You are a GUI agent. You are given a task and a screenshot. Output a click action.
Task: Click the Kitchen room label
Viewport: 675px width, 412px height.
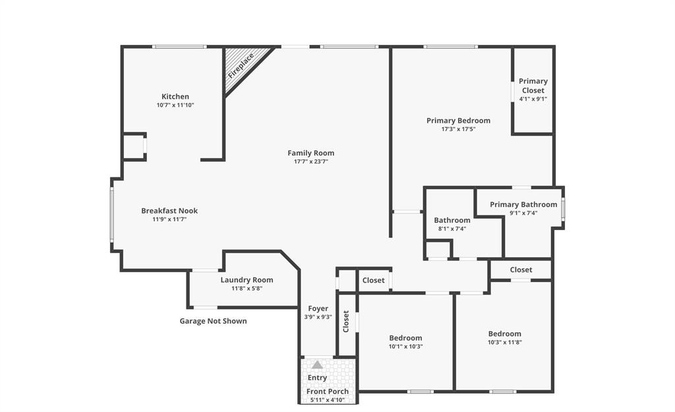(175, 96)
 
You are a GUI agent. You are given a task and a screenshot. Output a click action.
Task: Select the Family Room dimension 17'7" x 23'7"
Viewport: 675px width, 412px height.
(310, 162)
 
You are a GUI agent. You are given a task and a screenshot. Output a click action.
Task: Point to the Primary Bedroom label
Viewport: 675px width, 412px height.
(458, 121)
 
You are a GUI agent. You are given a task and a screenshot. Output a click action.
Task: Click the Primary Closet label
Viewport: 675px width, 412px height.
(533, 86)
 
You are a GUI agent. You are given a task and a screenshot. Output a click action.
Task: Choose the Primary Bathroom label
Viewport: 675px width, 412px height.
(523, 204)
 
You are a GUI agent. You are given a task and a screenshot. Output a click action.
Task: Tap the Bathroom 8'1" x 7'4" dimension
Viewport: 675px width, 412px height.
(452, 229)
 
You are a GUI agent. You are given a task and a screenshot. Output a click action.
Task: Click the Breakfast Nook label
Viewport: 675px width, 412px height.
(169, 211)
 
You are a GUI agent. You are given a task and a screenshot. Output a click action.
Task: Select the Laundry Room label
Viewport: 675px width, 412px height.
(247, 280)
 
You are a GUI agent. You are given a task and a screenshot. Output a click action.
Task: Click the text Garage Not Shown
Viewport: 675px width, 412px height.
(213, 321)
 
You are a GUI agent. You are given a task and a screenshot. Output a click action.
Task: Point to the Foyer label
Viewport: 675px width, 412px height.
(318, 309)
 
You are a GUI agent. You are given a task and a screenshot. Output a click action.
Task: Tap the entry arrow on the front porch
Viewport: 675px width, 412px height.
(317, 365)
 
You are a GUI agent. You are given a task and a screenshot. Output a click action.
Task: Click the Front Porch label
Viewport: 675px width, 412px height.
(328, 392)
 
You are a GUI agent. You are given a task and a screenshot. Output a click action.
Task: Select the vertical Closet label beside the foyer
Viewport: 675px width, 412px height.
(346, 322)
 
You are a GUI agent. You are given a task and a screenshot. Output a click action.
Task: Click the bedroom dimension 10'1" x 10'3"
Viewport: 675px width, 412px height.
(405, 347)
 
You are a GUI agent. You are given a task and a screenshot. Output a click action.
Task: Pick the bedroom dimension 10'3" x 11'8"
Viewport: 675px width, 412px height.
(504, 342)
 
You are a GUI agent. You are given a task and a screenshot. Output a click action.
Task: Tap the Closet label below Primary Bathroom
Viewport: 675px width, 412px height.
(521, 270)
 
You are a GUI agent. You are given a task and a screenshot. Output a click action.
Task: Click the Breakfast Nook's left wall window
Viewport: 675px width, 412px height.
(112, 214)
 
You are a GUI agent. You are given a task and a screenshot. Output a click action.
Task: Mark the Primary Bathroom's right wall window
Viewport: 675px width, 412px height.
(562, 207)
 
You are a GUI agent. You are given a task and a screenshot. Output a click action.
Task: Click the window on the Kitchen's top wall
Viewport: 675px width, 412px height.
(179, 47)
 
